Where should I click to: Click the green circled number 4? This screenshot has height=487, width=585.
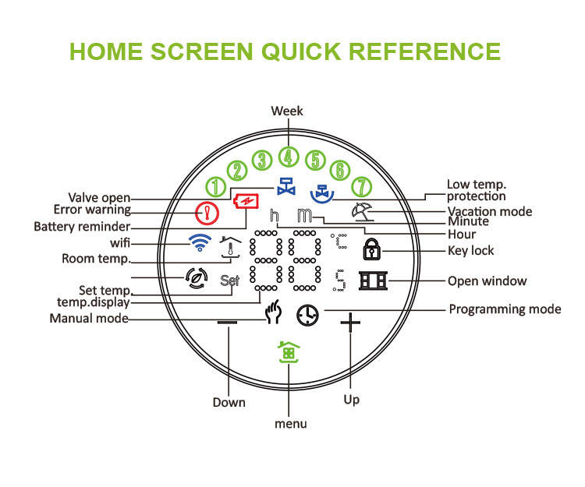289,157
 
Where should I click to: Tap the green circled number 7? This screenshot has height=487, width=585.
361,187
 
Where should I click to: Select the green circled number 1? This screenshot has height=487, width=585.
215,187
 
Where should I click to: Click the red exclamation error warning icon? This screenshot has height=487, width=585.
207,214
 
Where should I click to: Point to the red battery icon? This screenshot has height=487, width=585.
246,202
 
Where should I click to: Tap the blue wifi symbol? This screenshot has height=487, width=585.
200,242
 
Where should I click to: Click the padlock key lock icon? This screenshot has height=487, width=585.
371,249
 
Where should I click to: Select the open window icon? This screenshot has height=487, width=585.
373,281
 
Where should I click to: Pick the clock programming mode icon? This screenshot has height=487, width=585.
308,316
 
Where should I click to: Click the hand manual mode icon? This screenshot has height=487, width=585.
273,312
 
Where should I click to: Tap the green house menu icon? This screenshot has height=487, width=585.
289,352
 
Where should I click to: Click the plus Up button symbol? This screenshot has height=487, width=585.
350,323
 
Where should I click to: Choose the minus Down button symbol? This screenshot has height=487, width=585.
227,322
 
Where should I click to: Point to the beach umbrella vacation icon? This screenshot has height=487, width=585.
361,212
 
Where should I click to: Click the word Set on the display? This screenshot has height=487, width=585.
229,281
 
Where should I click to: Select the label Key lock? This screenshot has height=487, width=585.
471,251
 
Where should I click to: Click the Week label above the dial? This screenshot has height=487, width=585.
287,111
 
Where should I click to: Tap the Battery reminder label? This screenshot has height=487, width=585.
82,227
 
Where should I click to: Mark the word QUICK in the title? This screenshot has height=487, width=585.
301,51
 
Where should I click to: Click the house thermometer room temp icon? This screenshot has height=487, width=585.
230,247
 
